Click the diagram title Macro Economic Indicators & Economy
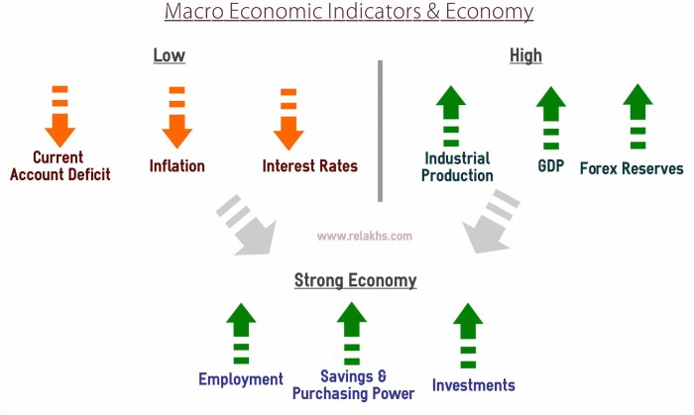[x=348, y=13]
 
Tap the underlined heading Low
[x=169, y=55]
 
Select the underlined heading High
[x=525, y=55]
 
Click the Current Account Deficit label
[x=59, y=166]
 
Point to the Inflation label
[x=177, y=165]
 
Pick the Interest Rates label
[x=310, y=165]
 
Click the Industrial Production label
[x=457, y=166]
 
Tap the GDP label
[x=551, y=165]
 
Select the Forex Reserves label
[x=632, y=168]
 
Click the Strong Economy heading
[x=355, y=280]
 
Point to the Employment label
[x=241, y=379]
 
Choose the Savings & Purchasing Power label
[x=354, y=384]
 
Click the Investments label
[x=474, y=384]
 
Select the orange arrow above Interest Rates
[x=289, y=119]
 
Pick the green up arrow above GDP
[x=550, y=117]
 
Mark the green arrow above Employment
[x=241, y=333]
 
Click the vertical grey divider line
[x=380, y=129]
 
